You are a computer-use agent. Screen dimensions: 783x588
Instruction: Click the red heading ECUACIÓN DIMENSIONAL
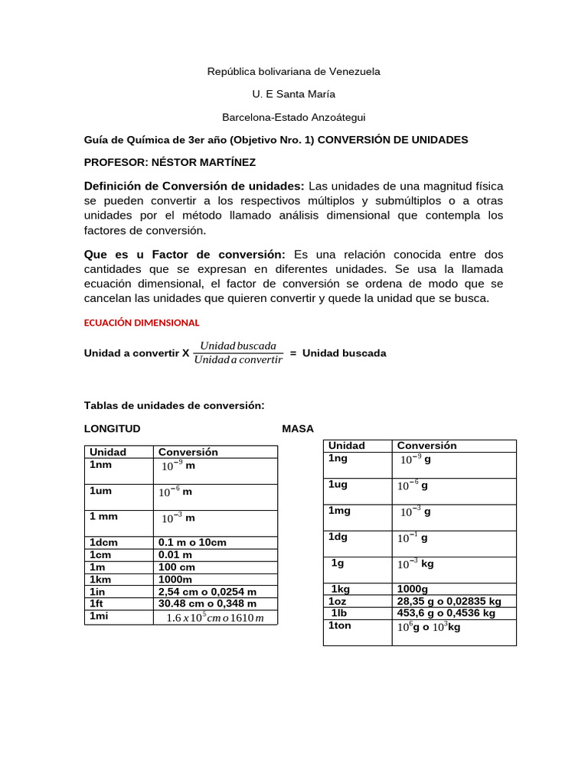coord(141,323)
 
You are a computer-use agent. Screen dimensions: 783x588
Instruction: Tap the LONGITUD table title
coord(112,428)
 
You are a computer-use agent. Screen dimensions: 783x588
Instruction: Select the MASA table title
coord(298,428)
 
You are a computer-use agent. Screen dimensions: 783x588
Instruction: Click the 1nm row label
coord(100,464)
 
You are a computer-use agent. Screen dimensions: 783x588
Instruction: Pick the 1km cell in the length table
coord(101,580)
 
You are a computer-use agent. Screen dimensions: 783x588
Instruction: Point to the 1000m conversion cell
coord(176,580)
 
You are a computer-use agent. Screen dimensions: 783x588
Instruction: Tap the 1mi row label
coord(100,616)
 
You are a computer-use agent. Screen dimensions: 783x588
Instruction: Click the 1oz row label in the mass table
coord(338,601)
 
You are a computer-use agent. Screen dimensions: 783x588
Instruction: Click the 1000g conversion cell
coord(413,589)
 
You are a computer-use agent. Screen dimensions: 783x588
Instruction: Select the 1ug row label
coord(338,485)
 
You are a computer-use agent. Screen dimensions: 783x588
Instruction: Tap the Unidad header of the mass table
coord(346,446)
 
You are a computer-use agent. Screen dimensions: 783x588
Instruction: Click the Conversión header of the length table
coord(188,452)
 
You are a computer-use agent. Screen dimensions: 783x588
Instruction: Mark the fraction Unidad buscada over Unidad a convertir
coord(238,353)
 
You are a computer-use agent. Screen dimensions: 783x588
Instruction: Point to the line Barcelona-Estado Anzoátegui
coord(293,117)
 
